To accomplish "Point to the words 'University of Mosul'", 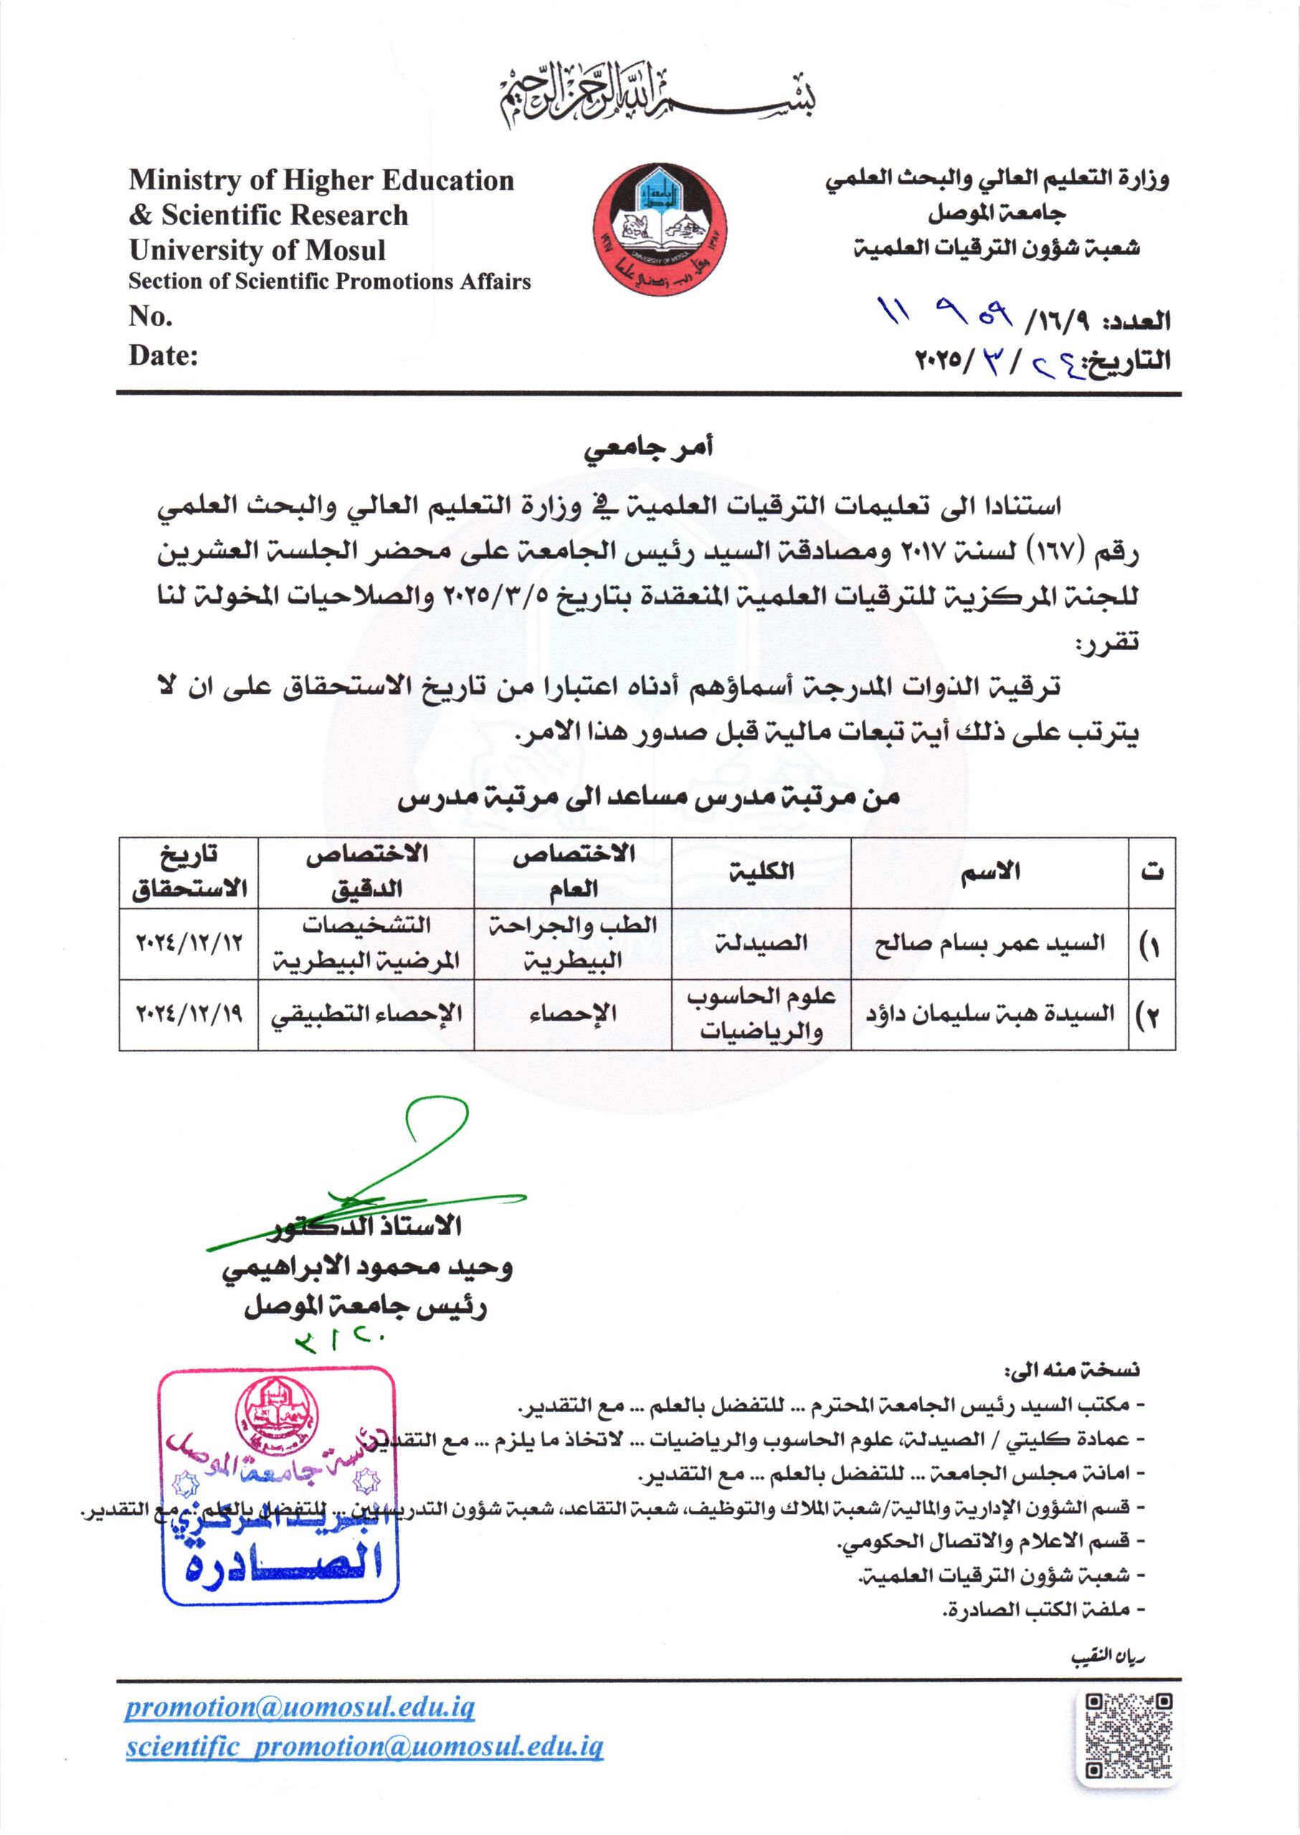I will point(257,250).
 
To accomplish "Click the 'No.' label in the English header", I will point(151,317).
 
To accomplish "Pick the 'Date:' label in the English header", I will point(163,356).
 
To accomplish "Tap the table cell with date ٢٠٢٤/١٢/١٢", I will point(189,943).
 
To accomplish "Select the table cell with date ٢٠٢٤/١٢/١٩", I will point(189,1015).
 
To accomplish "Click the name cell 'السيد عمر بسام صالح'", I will point(990,943).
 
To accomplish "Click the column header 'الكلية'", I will point(761,872).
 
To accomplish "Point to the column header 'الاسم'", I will point(990,872).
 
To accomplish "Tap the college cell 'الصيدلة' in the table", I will point(761,943).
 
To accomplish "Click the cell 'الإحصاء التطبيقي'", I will point(366,1015).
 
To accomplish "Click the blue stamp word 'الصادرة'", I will point(281,1567).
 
